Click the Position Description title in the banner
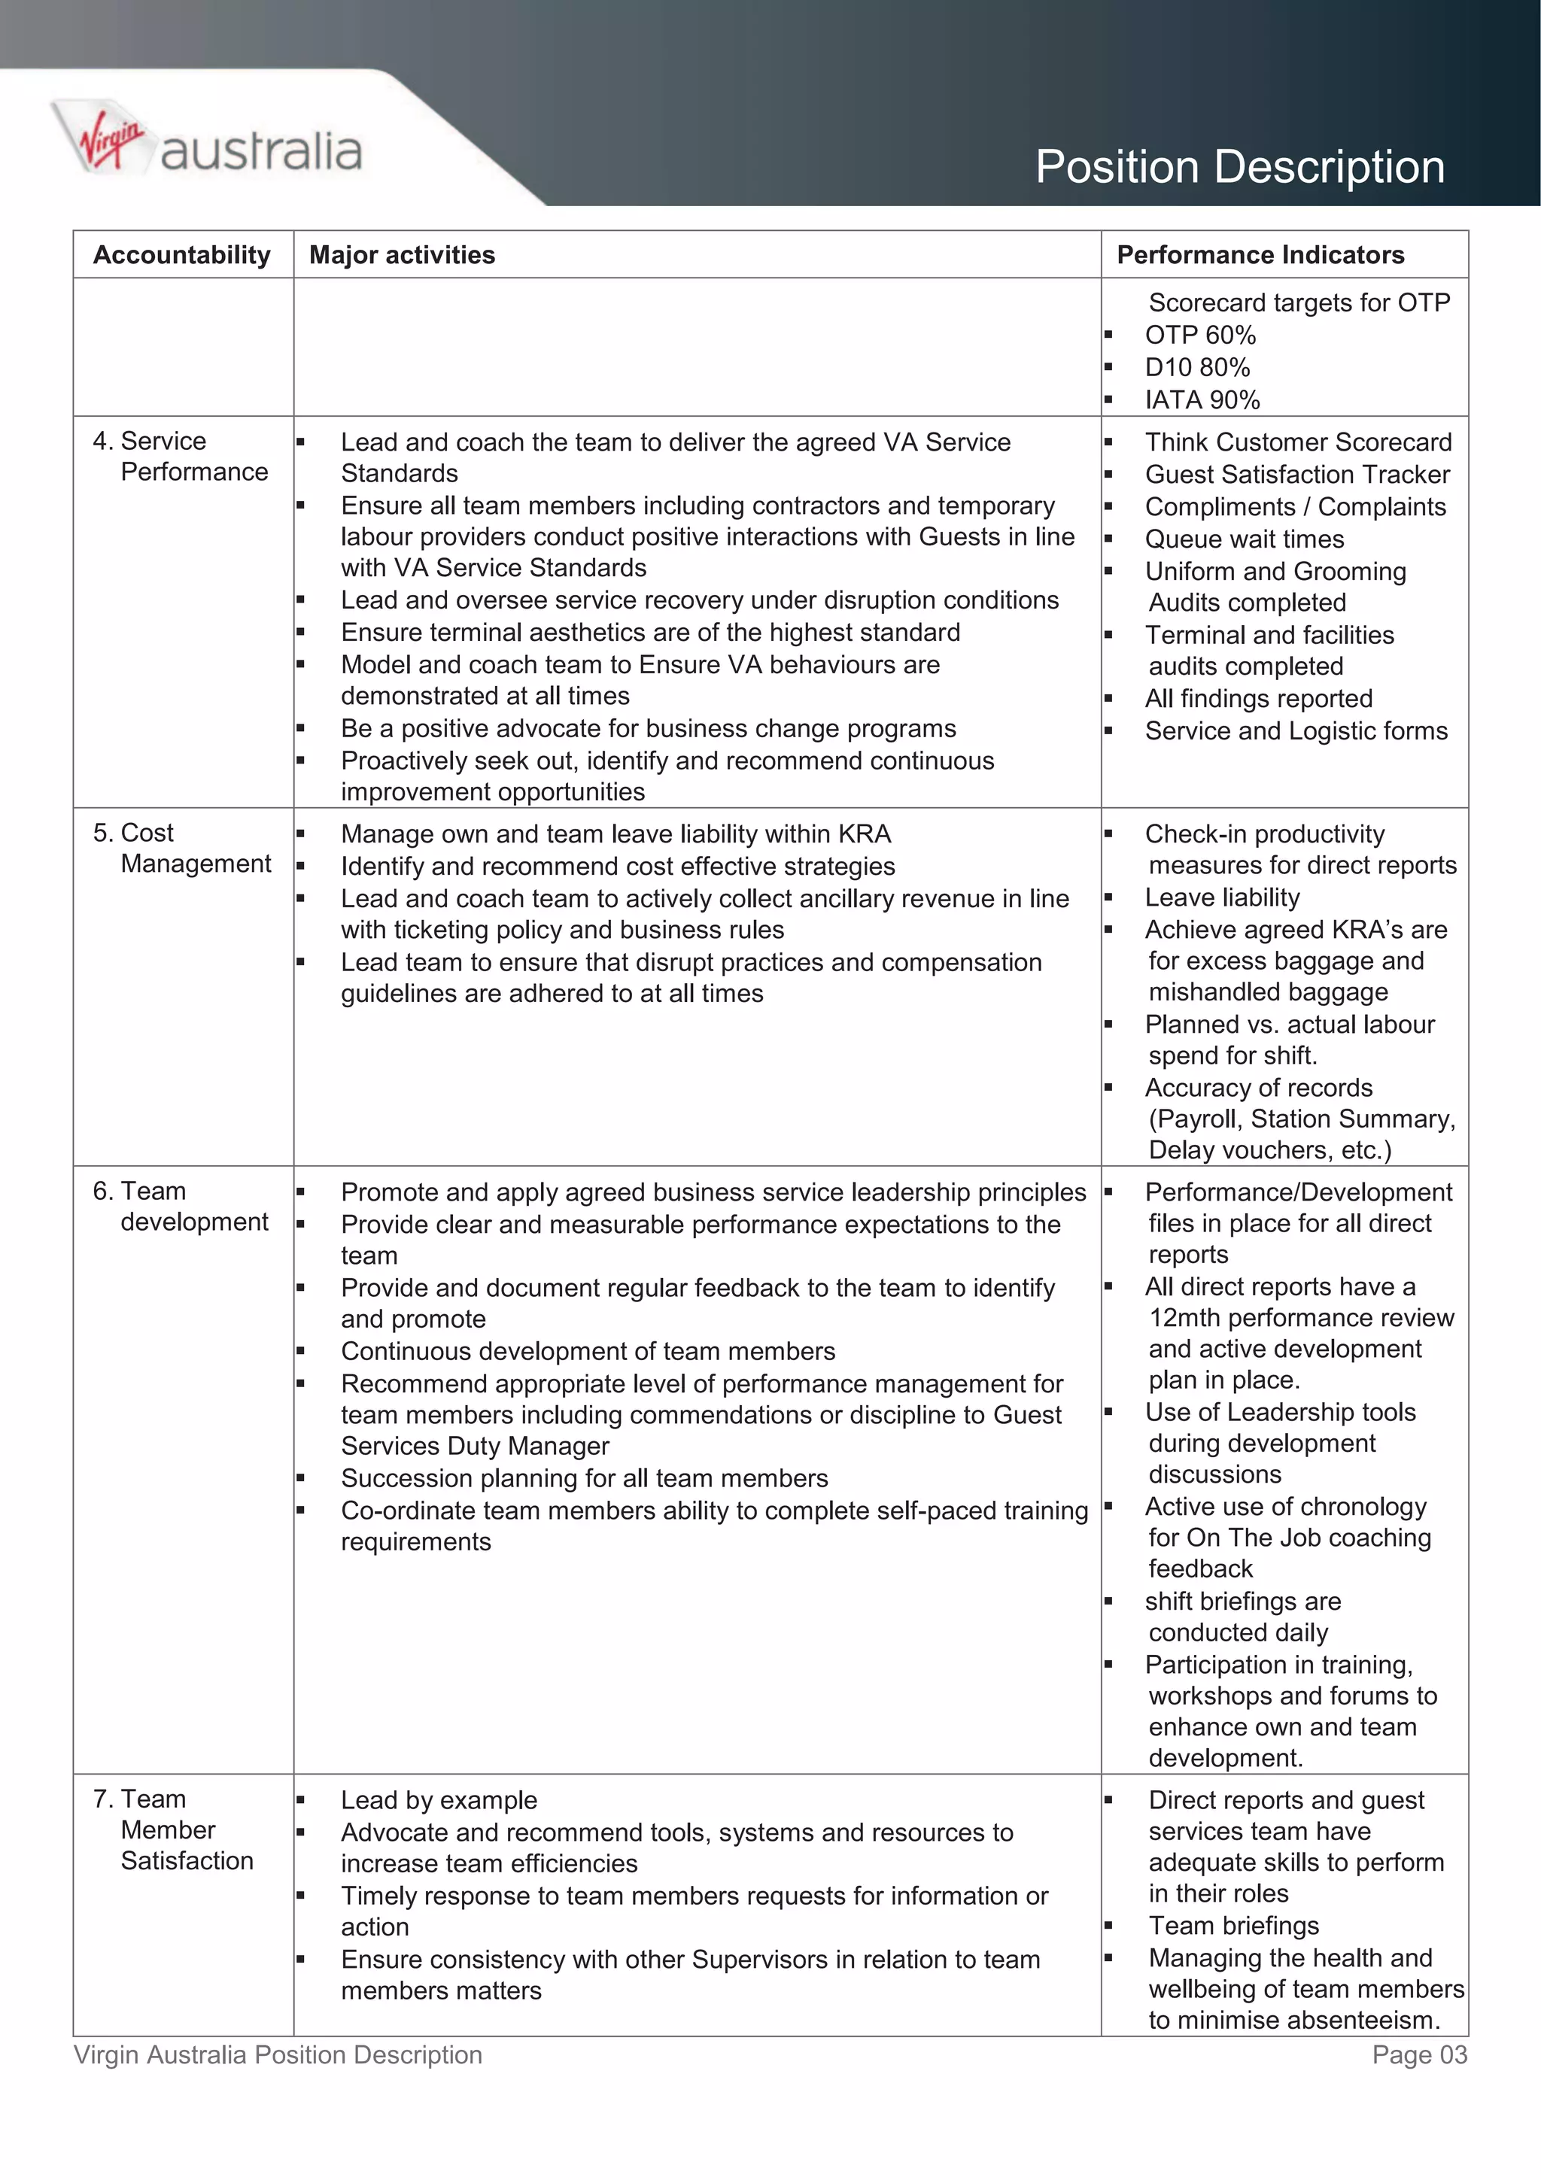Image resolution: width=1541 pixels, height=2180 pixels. [x=1239, y=167]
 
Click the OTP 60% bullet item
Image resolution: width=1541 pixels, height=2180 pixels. [x=1199, y=336]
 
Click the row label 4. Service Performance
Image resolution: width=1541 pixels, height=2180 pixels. [x=181, y=456]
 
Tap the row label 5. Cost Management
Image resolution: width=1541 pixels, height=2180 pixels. [x=181, y=848]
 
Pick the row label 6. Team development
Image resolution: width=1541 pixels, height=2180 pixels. [x=181, y=1206]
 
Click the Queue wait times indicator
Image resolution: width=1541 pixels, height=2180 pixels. [x=1244, y=539]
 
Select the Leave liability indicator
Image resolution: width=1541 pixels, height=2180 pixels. [x=1221, y=897]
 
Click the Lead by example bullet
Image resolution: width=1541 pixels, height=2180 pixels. [x=439, y=1800]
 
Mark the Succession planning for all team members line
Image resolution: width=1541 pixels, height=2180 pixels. [x=584, y=1478]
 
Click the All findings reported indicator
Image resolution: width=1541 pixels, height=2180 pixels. [x=1258, y=699]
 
